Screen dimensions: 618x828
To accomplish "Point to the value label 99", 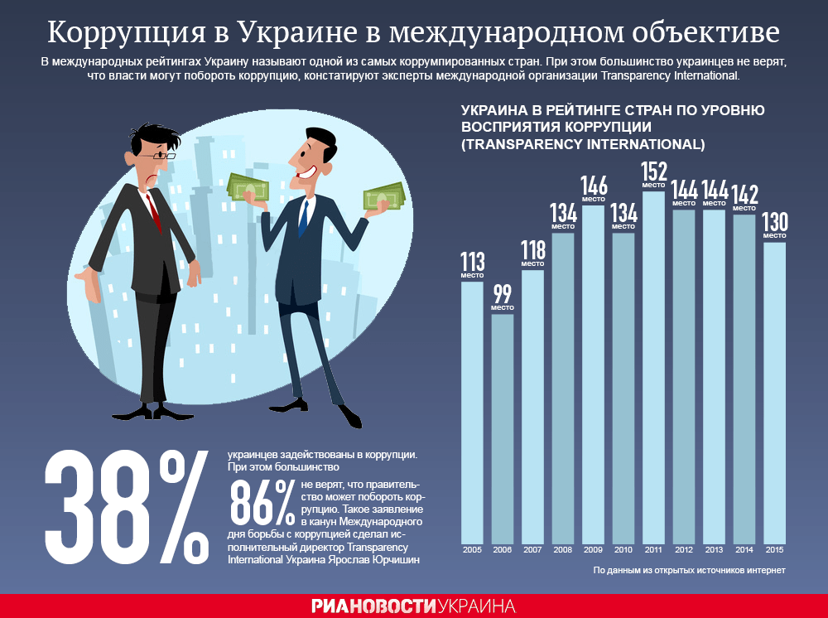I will click(503, 294).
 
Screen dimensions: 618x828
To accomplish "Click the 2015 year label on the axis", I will click(774, 549).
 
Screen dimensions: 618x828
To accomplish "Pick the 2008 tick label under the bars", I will click(563, 549).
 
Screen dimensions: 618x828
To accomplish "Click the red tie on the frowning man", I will click(153, 212).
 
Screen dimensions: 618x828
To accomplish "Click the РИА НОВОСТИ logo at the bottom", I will click(373, 606).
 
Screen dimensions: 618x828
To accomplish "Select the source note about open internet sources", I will click(689, 571).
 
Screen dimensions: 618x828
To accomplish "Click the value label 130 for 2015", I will click(774, 224).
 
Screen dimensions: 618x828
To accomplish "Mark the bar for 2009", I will click(593, 373).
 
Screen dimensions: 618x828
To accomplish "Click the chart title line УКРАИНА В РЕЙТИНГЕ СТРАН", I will click(612, 110).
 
